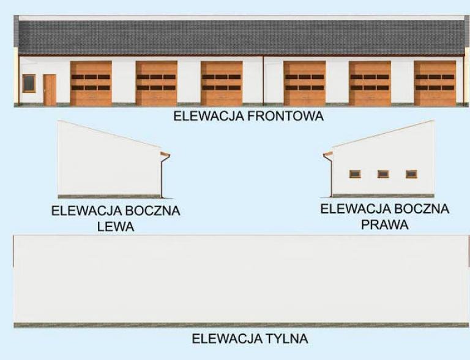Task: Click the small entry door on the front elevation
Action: pos(50,90)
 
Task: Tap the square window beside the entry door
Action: pos(29,83)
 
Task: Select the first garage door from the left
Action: pos(91,83)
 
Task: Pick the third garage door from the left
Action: pos(222,83)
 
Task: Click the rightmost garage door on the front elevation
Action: pos(435,83)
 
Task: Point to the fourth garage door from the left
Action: pos(305,83)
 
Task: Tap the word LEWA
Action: pos(116,226)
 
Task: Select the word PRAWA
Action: pos(385,224)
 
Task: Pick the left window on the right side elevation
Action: pos(355,174)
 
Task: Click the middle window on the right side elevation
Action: pos(383,174)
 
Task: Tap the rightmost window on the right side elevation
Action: pos(411,174)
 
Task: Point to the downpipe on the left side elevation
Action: pos(162,177)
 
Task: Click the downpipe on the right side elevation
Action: pos(331,177)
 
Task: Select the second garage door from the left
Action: pos(157,83)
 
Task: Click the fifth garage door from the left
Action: pos(370,83)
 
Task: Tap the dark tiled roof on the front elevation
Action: pos(241,38)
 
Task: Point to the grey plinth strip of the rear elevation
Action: pos(241,325)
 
